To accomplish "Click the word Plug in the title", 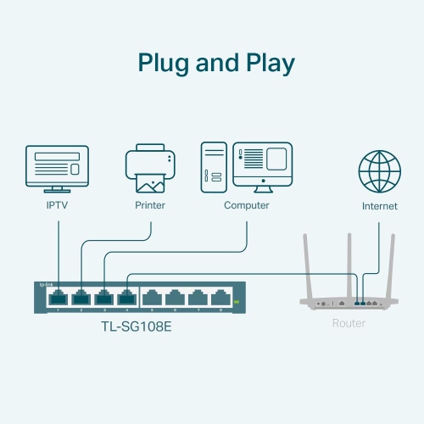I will (x=165, y=64).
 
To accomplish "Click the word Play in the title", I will (x=265, y=64).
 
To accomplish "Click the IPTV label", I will (x=59, y=206).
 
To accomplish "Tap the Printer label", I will (x=150, y=206).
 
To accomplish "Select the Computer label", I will (x=247, y=206).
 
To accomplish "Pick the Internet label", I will (x=379, y=206).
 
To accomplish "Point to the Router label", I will (x=349, y=324).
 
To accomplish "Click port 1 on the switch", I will (x=59, y=298).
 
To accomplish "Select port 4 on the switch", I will (x=127, y=298).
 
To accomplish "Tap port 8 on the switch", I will (x=221, y=298).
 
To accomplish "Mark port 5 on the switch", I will (x=153, y=298).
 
